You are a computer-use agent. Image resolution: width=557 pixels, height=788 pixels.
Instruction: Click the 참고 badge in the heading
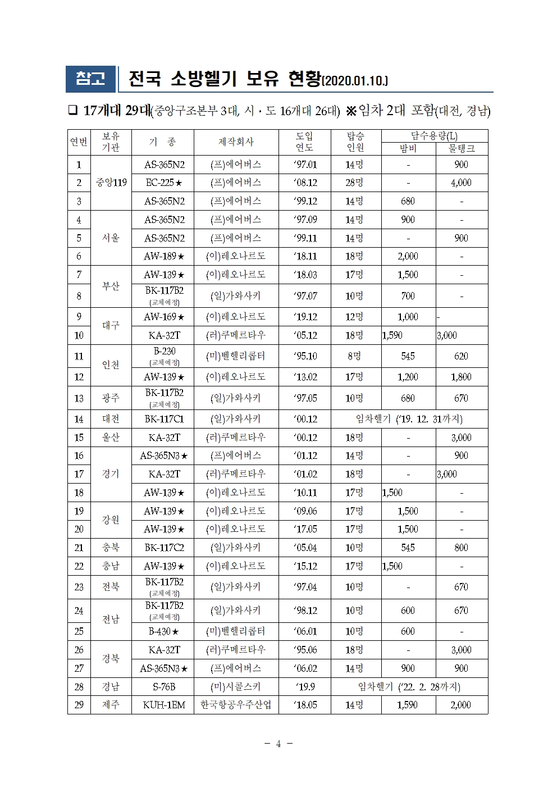pyautogui.click(x=90, y=79)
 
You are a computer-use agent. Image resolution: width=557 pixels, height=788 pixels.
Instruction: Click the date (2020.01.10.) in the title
pyautogui.click(x=355, y=81)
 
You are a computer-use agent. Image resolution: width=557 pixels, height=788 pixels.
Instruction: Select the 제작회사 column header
pyautogui.click(x=236, y=142)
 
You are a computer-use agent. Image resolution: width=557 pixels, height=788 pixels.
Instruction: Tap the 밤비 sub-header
pyautogui.click(x=408, y=148)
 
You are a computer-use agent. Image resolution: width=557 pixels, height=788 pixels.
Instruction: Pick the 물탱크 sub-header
pyautogui.click(x=461, y=148)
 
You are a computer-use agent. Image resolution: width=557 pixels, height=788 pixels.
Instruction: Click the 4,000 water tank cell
pyautogui.click(x=461, y=183)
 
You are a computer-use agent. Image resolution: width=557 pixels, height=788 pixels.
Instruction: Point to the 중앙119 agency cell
pyautogui.click(x=111, y=183)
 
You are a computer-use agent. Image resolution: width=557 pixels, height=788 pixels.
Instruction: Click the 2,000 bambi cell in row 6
pyautogui.click(x=408, y=256)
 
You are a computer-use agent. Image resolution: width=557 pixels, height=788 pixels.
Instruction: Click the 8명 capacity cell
pyautogui.click(x=354, y=356)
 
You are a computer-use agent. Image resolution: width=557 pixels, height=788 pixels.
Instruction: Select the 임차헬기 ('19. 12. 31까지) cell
pyautogui.click(x=409, y=419)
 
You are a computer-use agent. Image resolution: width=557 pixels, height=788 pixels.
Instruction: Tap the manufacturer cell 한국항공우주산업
pyautogui.click(x=236, y=705)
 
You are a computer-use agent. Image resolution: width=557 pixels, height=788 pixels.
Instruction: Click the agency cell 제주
pyautogui.click(x=111, y=705)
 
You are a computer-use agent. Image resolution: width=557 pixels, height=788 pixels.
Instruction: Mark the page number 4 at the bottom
pyautogui.click(x=278, y=744)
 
